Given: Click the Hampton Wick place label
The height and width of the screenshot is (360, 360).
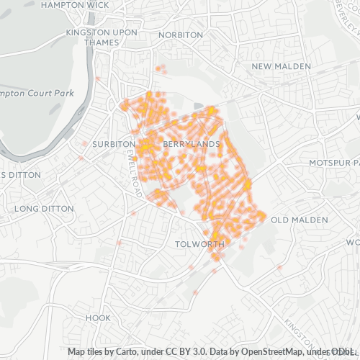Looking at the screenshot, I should (76, 5).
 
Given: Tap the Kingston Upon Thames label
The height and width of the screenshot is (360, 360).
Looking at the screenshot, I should (96, 37).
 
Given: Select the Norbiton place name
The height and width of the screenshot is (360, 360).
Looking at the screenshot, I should (180, 35).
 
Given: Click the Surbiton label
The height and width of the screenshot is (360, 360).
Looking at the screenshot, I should (109, 144).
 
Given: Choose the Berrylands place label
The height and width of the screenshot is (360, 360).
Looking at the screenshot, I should (191, 145).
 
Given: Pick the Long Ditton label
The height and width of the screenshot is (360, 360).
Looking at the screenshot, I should (44, 209).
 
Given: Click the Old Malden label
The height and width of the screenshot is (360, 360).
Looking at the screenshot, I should (299, 220).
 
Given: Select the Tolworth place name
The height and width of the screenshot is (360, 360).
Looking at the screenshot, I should (199, 244).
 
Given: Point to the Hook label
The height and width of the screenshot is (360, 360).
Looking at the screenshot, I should (98, 318).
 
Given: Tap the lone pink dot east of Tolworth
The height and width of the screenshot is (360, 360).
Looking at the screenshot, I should (279, 268).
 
